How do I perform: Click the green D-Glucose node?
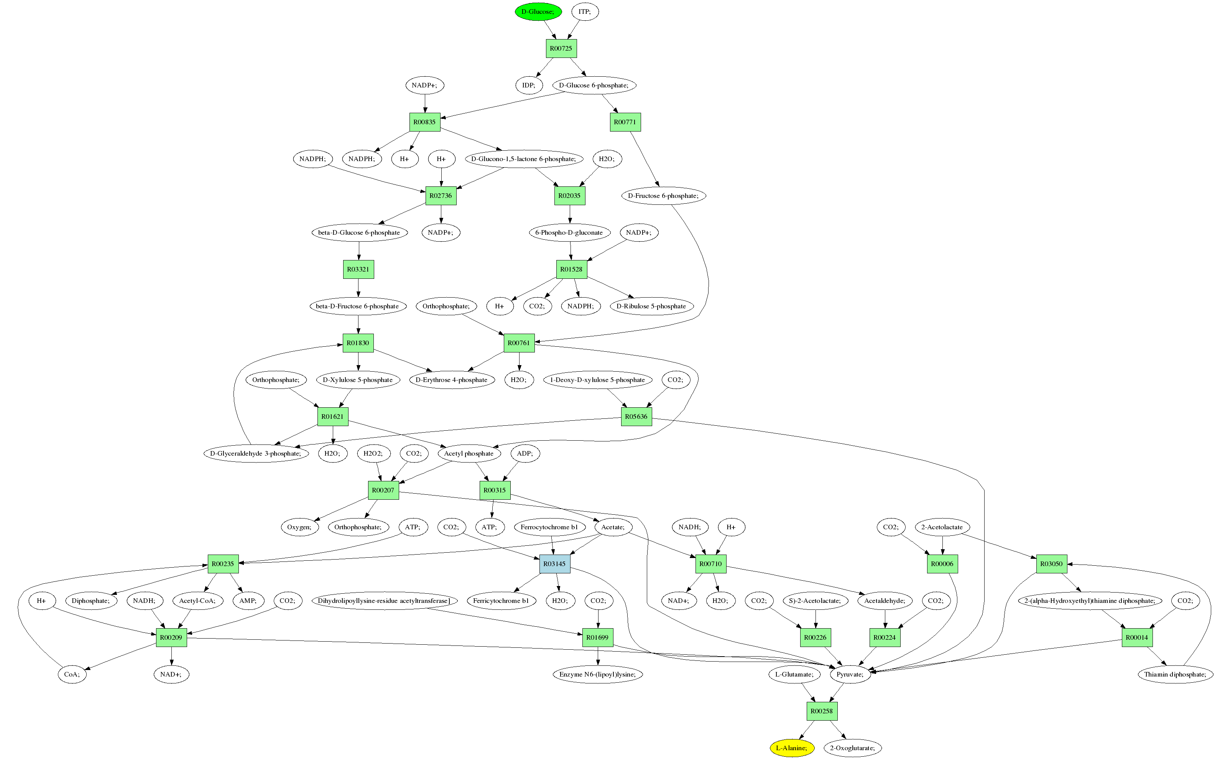pos(538,12)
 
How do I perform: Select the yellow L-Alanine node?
pos(791,748)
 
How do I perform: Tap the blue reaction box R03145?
pos(554,564)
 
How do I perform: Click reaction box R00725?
pos(561,48)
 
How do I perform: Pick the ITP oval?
pos(585,12)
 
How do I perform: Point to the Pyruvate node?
pos(850,674)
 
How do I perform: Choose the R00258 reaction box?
pos(822,711)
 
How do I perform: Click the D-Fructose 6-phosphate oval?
pos(663,196)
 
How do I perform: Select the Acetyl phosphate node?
pos(469,453)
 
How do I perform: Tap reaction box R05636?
pos(636,416)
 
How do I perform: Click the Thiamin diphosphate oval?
pos(1175,674)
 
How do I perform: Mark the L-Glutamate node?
pos(794,674)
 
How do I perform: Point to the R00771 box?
pos(625,122)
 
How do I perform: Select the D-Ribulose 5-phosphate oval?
pos(651,306)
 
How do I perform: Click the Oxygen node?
pos(299,527)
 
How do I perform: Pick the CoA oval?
pos(72,674)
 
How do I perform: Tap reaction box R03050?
pos(1051,564)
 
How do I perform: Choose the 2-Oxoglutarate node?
pos(852,748)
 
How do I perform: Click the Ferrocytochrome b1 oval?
pos(549,527)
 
